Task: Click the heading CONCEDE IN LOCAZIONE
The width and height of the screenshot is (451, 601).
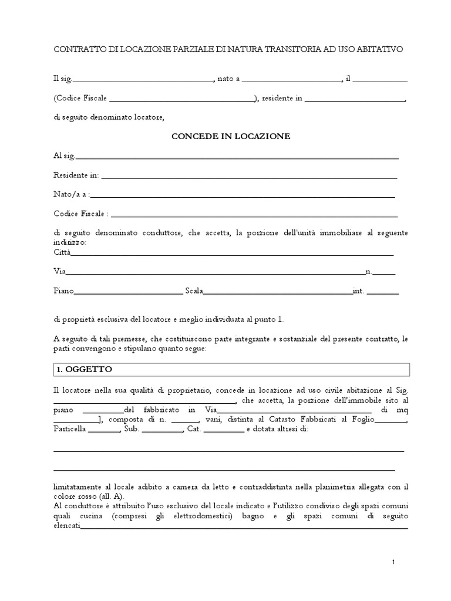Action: tap(231, 136)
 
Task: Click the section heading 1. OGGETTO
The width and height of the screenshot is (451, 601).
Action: tap(87, 369)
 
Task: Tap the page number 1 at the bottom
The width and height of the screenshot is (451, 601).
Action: tap(393, 562)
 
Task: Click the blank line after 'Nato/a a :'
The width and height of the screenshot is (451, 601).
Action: tap(242, 196)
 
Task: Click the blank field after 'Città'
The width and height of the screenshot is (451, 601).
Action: tap(232, 254)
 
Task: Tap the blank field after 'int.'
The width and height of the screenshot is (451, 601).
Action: tap(383, 292)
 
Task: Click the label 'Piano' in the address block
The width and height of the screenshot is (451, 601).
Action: tap(63, 291)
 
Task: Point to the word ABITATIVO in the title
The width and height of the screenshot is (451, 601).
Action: tap(378, 50)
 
